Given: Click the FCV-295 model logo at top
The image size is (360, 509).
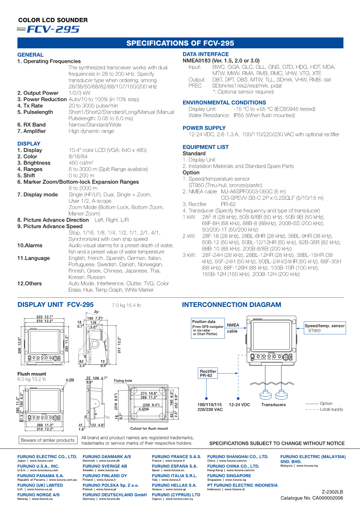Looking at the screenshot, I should point(53,30).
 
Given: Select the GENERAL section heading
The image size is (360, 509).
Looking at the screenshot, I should point(31,55).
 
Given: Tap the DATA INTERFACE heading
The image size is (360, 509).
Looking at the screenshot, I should point(206,54).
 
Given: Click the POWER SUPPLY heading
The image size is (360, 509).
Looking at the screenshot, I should point(204,128).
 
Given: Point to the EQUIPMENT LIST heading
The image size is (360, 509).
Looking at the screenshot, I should point(206,147).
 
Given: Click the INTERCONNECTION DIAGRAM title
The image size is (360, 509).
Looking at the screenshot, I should point(231,305).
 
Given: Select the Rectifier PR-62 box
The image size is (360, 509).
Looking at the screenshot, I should point(208,373).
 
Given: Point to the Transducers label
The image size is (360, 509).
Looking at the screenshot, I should point(273,405).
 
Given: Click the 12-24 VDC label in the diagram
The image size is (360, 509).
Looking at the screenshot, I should point(239,405).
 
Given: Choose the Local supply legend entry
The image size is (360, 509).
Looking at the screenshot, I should point(331,409).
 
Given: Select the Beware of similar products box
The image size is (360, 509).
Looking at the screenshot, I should point(48,440).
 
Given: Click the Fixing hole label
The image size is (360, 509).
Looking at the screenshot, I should point(123,381).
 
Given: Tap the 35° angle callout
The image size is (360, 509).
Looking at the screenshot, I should point(96,312).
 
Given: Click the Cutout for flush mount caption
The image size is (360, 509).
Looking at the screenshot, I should point(149,428).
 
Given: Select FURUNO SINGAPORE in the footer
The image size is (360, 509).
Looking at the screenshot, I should point(229,475).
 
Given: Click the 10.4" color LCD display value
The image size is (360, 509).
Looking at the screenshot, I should point(108,150).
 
